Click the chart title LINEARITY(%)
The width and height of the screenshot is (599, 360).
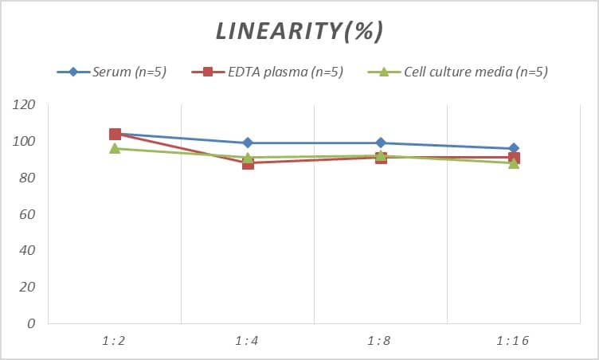tap(299, 32)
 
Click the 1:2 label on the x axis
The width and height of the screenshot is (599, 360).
tap(115, 341)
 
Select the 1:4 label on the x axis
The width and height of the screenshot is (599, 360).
tap(248, 341)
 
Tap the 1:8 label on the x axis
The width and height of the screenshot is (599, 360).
tap(381, 341)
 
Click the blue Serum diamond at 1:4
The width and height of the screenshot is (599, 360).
tap(248, 143)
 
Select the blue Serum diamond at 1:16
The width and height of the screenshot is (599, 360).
tap(514, 148)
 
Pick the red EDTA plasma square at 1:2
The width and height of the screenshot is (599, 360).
tap(115, 134)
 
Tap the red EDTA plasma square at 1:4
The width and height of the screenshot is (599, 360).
tap(248, 163)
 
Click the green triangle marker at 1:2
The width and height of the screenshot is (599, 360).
tap(115, 149)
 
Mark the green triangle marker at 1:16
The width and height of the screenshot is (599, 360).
tap(514, 163)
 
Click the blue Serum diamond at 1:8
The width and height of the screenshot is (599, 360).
tap(381, 143)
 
